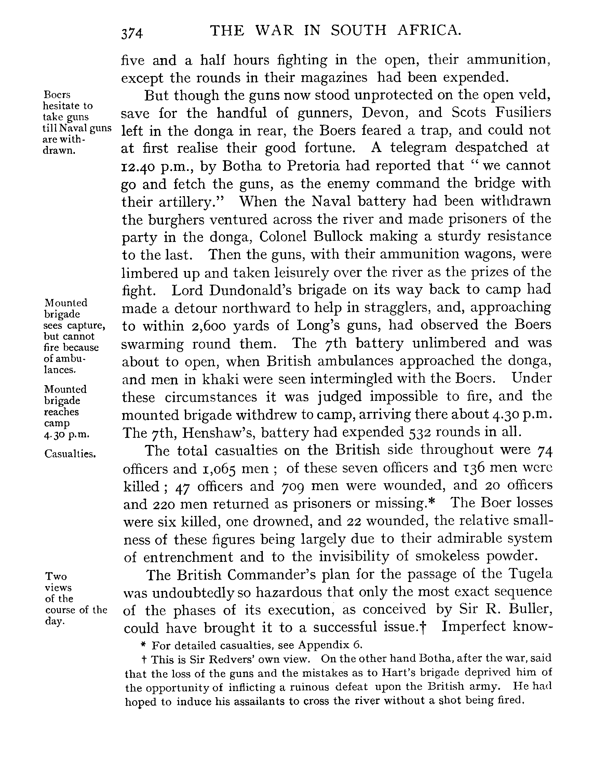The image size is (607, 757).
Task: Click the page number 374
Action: (132, 34)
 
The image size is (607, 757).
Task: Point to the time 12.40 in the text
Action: (137, 167)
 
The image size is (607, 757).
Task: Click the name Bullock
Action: (338, 236)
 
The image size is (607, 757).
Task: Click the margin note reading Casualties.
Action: (70, 454)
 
